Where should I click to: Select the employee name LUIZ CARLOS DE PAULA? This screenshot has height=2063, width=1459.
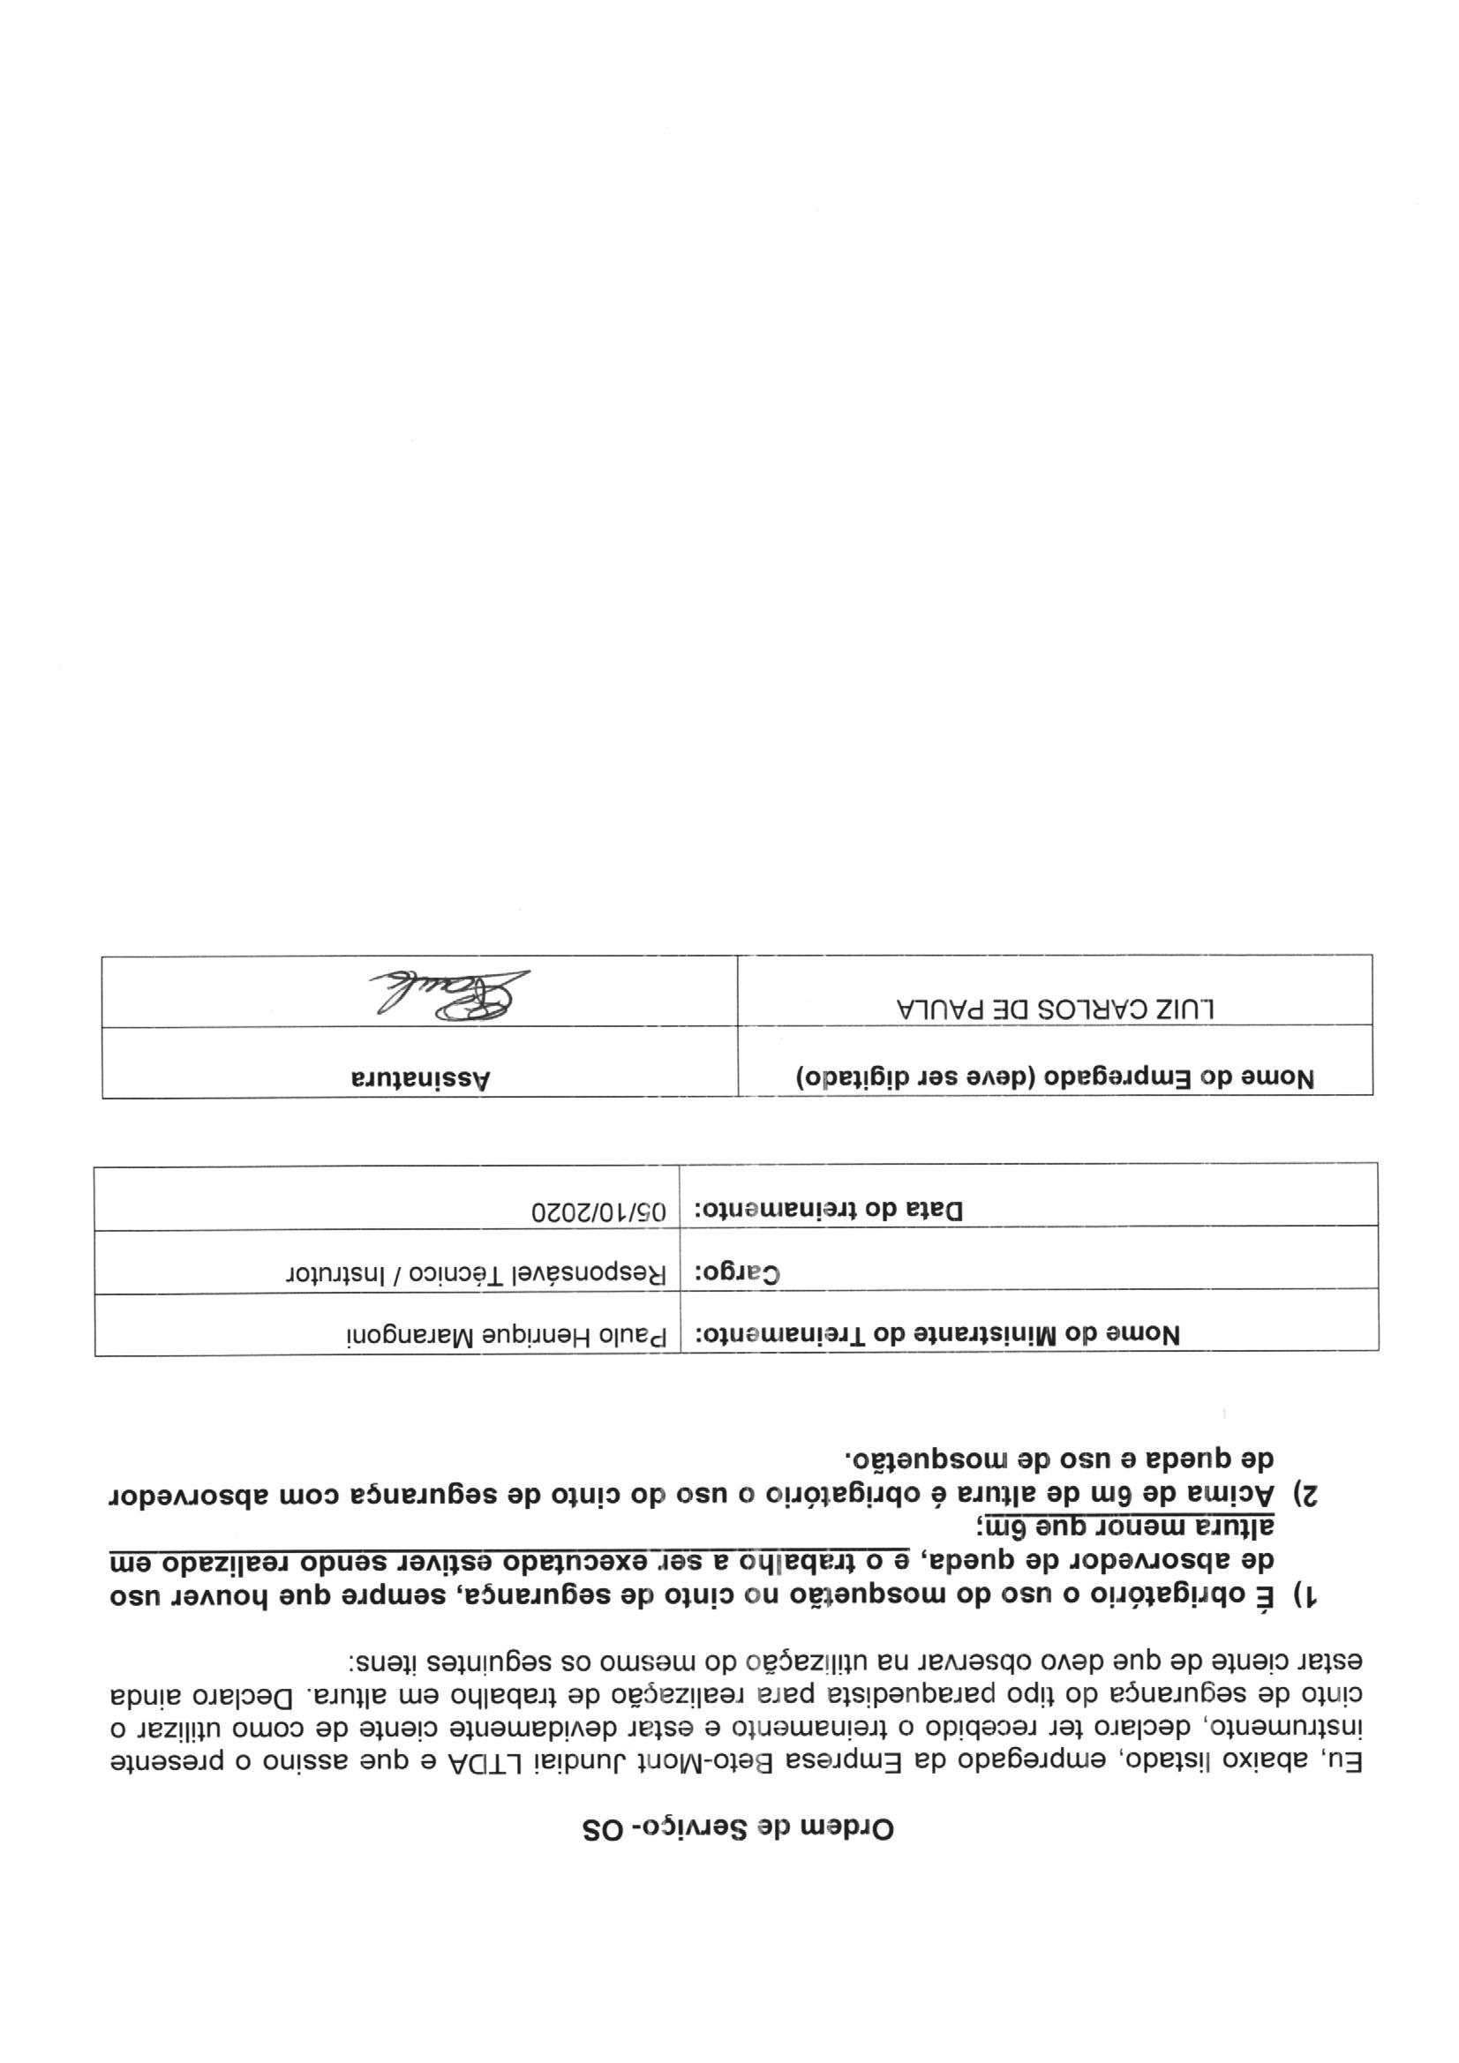click(1056, 1009)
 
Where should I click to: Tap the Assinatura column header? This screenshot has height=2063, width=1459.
click(421, 1078)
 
